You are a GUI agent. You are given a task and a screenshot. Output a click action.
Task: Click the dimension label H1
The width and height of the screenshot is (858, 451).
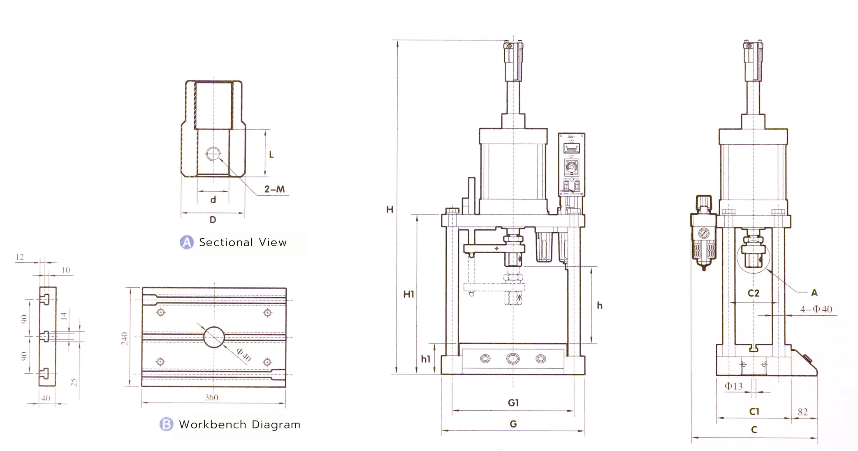(x=408, y=294)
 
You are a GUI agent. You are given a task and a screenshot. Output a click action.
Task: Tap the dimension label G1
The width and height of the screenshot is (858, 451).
(x=513, y=403)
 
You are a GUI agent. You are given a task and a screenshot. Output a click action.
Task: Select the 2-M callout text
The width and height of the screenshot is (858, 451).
(x=274, y=189)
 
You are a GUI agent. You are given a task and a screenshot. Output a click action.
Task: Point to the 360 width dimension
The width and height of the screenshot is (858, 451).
(x=212, y=397)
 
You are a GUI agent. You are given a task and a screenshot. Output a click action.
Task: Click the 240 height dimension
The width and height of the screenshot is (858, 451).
(x=125, y=338)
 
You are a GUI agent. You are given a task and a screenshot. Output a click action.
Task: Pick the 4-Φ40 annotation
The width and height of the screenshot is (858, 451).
(x=816, y=309)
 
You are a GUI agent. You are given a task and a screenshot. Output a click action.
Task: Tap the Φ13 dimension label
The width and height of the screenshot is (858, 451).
(x=733, y=386)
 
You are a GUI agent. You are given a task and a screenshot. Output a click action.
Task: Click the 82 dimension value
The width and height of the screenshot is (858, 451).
(x=802, y=412)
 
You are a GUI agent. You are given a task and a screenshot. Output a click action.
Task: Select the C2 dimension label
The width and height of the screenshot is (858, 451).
(x=753, y=293)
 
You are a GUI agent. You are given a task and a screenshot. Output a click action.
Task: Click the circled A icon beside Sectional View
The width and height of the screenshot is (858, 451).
(x=187, y=242)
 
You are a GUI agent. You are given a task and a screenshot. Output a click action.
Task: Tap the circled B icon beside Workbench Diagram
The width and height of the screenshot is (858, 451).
(x=166, y=424)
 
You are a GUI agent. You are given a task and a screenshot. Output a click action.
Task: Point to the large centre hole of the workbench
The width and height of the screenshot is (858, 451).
(x=214, y=337)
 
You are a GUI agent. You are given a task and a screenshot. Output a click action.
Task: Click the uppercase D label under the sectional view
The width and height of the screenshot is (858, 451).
(x=213, y=220)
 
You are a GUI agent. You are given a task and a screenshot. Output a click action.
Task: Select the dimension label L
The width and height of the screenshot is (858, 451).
(x=271, y=155)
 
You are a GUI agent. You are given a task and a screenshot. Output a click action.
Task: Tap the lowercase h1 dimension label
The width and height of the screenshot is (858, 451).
(x=425, y=359)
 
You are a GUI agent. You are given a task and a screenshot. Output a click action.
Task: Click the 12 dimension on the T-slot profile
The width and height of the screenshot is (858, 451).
(x=19, y=257)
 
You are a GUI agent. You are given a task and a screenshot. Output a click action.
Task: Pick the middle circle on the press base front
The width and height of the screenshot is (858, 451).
(x=513, y=359)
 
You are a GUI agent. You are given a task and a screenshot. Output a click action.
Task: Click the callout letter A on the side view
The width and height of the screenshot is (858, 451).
(x=814, y=293)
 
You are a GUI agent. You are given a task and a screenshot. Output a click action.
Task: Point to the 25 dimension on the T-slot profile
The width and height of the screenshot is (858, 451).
(x=74, y=382)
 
